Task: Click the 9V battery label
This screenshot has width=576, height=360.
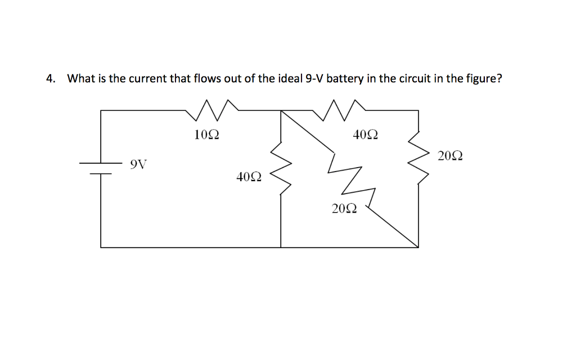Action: click(138, 164)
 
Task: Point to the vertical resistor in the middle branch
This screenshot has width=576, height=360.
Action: click(281, 167)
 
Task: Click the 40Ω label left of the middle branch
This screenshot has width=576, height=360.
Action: click(249, 177)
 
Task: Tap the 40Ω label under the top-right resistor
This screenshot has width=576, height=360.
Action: click(365, 134)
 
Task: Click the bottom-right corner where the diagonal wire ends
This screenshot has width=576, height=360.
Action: click(418, 247)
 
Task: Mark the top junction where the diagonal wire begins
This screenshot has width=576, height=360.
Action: click(281, 111)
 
